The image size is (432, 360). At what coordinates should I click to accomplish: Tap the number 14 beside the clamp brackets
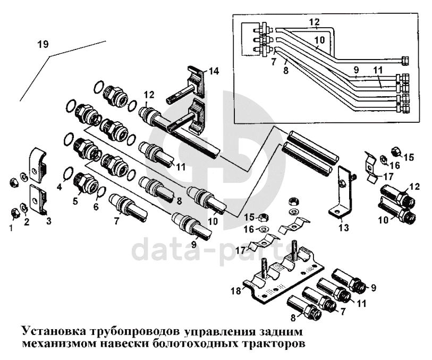point(214,70)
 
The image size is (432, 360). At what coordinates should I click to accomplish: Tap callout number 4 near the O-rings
point(60,187)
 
